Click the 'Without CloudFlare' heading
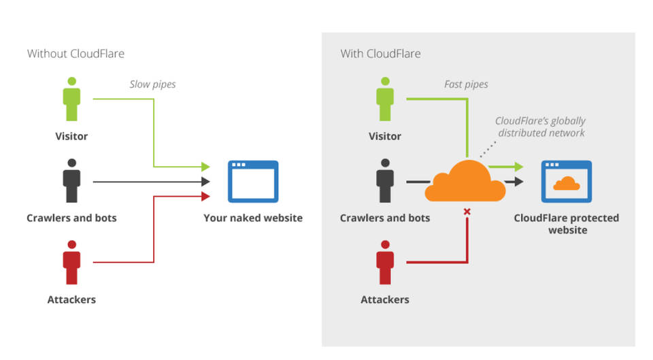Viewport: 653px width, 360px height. tap(76, 53)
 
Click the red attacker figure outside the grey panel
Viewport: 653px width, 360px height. tap(71, 263)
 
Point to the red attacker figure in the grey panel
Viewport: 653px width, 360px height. tap(385, 263)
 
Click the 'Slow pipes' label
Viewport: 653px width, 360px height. tap(152, 84)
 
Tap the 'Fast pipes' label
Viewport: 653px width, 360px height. tap(466, 84)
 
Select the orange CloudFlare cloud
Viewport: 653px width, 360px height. tap(465, 181)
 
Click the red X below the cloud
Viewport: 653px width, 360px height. tap(467, 212)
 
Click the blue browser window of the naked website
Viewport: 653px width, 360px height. tap(252, 181)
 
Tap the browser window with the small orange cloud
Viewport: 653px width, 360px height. tap(566, 181)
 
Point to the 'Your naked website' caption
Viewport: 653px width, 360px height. tap(252, 218)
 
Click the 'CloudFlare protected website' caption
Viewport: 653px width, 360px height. tap(566, 224)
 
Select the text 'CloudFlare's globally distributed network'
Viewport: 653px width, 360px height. tap(541, 127)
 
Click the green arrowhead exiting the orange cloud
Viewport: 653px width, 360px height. tap(518, 166)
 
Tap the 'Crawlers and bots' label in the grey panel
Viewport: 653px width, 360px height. tap(385, 218)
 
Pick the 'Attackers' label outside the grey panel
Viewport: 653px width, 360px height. tap(71, 299)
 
